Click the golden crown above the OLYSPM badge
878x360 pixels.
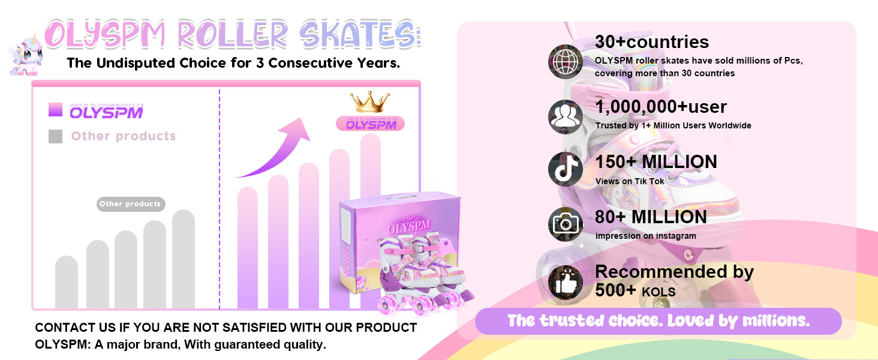click(x=369, y=102)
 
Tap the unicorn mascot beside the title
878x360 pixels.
click(x=26, y=55)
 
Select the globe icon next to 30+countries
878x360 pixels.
click(x=565, y=62)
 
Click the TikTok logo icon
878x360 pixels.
click(x=565, y=169)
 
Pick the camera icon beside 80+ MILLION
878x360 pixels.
click(x=565, y=224)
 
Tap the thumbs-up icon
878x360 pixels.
click(x=565, y=282)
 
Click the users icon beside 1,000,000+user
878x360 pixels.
click(x=565, y=117)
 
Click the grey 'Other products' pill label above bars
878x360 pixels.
click(x=131, y=204)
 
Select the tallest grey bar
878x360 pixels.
click(x=184, y=259)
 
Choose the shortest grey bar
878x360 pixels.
click(x=67, y=282)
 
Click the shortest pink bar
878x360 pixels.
click(x=248, y=247)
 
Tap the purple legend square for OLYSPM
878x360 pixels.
click(x=55, y=109)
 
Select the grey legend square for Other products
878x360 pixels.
click(x=55, y=136)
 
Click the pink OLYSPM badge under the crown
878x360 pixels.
click(x=371, y=124)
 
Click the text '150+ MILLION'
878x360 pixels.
click(x=656, y=161)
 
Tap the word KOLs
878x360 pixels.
click(x=659, y=292)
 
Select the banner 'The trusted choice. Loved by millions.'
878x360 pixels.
click(x=659, y=321)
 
